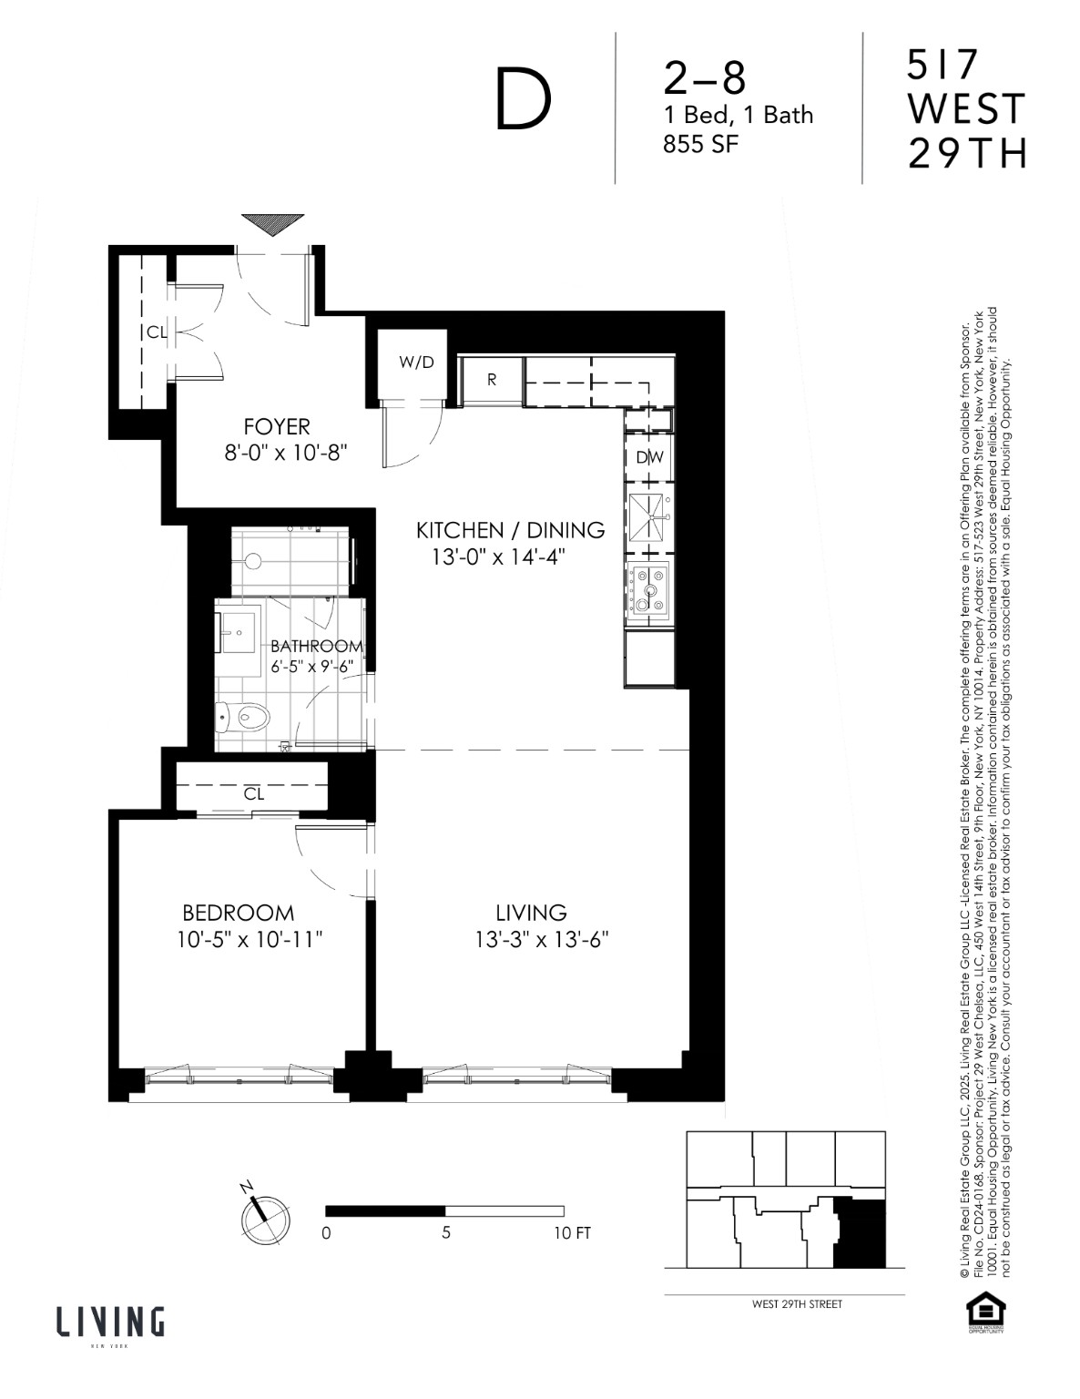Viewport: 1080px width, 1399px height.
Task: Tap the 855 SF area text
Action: (695, 143)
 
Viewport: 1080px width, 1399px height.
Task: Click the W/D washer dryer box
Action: (416, 363)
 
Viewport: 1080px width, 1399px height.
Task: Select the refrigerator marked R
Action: (492, 380)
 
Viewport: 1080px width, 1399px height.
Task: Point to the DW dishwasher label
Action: (650, 457)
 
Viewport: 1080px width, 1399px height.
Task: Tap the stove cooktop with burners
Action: (649, 587)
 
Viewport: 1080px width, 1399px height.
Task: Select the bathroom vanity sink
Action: (238, 628)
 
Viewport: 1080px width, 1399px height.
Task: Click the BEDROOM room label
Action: (239, 913)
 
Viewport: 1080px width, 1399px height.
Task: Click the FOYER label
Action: (277, 425)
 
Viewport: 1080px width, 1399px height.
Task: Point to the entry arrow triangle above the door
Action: (272, 224)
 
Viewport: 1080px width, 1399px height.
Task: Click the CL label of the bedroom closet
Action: (254, 794)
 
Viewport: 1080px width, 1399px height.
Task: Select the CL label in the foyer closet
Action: (157, 332)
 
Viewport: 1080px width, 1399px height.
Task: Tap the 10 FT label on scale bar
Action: (571, 1233)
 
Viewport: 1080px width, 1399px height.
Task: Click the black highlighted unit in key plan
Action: (860, 1233)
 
